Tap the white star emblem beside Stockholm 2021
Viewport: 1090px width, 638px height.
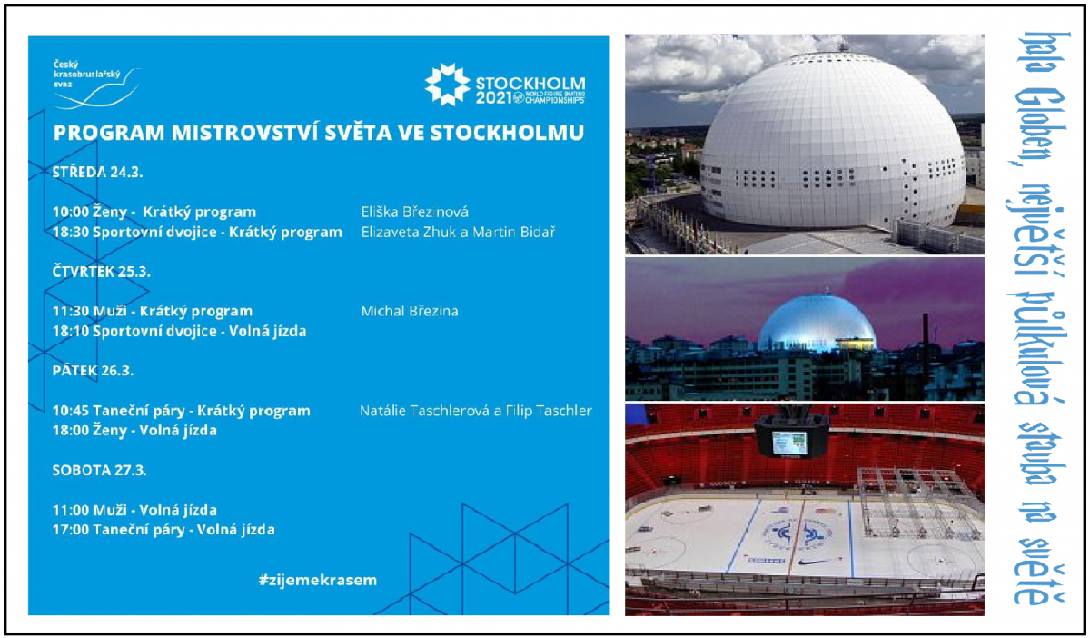[447, 85]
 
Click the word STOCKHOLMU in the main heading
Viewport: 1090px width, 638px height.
[507, 133]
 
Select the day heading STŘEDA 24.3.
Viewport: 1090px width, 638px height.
[97, 173]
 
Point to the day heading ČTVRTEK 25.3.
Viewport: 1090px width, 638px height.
[101, 272]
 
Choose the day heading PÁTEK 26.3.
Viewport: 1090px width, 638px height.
[93, 371]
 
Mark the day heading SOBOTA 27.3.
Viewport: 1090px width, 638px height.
[99, 470]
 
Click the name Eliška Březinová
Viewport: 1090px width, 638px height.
[414, 213]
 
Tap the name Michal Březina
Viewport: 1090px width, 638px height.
[410, 311]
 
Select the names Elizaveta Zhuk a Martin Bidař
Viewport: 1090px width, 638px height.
[458, 233]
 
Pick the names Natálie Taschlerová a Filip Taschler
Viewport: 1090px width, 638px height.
[475, 411]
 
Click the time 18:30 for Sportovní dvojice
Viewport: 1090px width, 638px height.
[71, 233]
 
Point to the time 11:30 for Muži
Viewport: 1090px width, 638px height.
[71, 311]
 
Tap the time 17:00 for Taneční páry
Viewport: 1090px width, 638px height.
[71, 530]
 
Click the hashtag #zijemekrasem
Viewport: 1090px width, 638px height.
[318, 580]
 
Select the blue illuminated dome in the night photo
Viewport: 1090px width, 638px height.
[817, 323]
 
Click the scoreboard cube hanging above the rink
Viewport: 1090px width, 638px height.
[792, 436]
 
